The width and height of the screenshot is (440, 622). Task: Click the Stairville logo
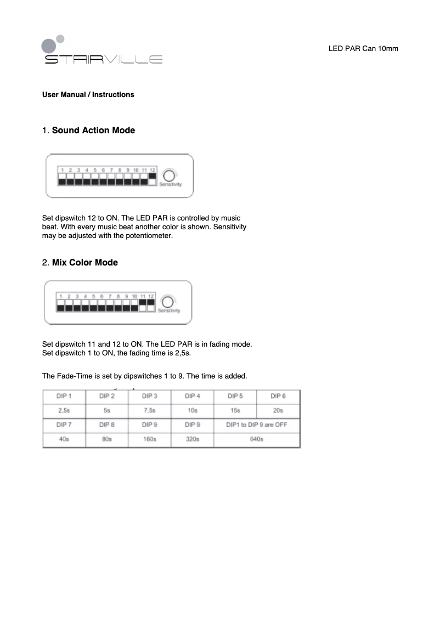coord(103,53)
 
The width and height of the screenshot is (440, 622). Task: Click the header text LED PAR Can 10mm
coord(363,49)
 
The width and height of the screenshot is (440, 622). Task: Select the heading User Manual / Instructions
coord(88,95)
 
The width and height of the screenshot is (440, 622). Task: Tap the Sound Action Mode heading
coord(93,131)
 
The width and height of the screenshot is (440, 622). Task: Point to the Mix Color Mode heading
coord(84,263)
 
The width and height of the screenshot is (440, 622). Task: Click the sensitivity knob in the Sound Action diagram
coord(170,176)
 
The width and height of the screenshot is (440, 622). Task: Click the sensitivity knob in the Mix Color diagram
coord(168,302)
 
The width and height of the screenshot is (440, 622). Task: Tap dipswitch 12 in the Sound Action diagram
coord(153,179)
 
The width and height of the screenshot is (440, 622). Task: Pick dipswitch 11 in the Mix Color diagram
coord(143,304)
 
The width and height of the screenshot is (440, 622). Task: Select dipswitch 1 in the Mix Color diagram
coord(60,304)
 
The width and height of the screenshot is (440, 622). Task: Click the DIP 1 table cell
coord(64,396)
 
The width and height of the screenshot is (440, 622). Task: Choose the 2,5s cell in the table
coord(64,410)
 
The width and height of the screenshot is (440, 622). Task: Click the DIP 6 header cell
coord(278,396)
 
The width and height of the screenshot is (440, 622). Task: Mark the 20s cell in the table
coord(278,410)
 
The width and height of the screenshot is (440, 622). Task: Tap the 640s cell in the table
coord(257,439)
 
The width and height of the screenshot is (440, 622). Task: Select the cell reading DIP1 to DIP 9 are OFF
coord(257,425)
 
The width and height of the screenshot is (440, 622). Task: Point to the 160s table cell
coord(149,439)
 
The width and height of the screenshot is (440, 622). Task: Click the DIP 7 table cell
coord(64,425)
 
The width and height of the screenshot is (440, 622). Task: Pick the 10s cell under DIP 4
coord(192,410)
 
